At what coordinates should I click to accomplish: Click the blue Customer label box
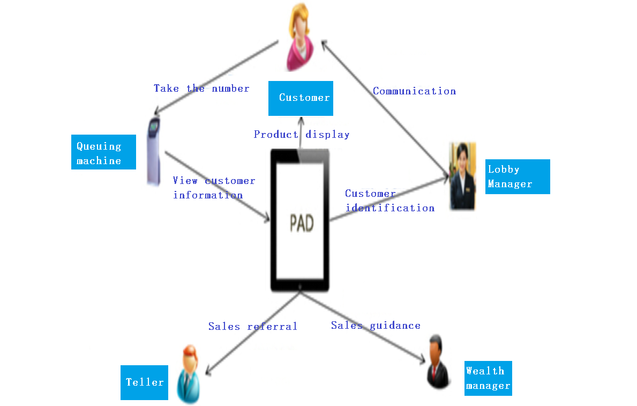[x=301, y=98]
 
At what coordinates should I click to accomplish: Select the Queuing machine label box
[x=103, y=152]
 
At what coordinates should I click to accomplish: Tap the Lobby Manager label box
[x=517, y=176]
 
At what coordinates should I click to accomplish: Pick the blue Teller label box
[x=144, y=382]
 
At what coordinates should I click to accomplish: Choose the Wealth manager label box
[x=488, y=378]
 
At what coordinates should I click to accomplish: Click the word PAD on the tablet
[x=302, y=224]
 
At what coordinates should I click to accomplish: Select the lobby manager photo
[x=462, y=176]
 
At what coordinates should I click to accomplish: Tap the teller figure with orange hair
[x=188, y=374]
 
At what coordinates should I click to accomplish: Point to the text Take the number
[x=201, y=88]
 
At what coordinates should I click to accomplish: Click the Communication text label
[x=414, y=91]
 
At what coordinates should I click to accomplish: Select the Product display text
[x=302, y=135]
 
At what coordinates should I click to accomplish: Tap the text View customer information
[x=214, y=188]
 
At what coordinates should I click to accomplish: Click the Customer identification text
[x=389, y=201]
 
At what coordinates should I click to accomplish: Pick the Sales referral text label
[x=252, y=326]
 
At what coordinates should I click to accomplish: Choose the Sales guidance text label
[x=376, y=325]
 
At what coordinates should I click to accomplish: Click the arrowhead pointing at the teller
[x=209, y=371]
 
